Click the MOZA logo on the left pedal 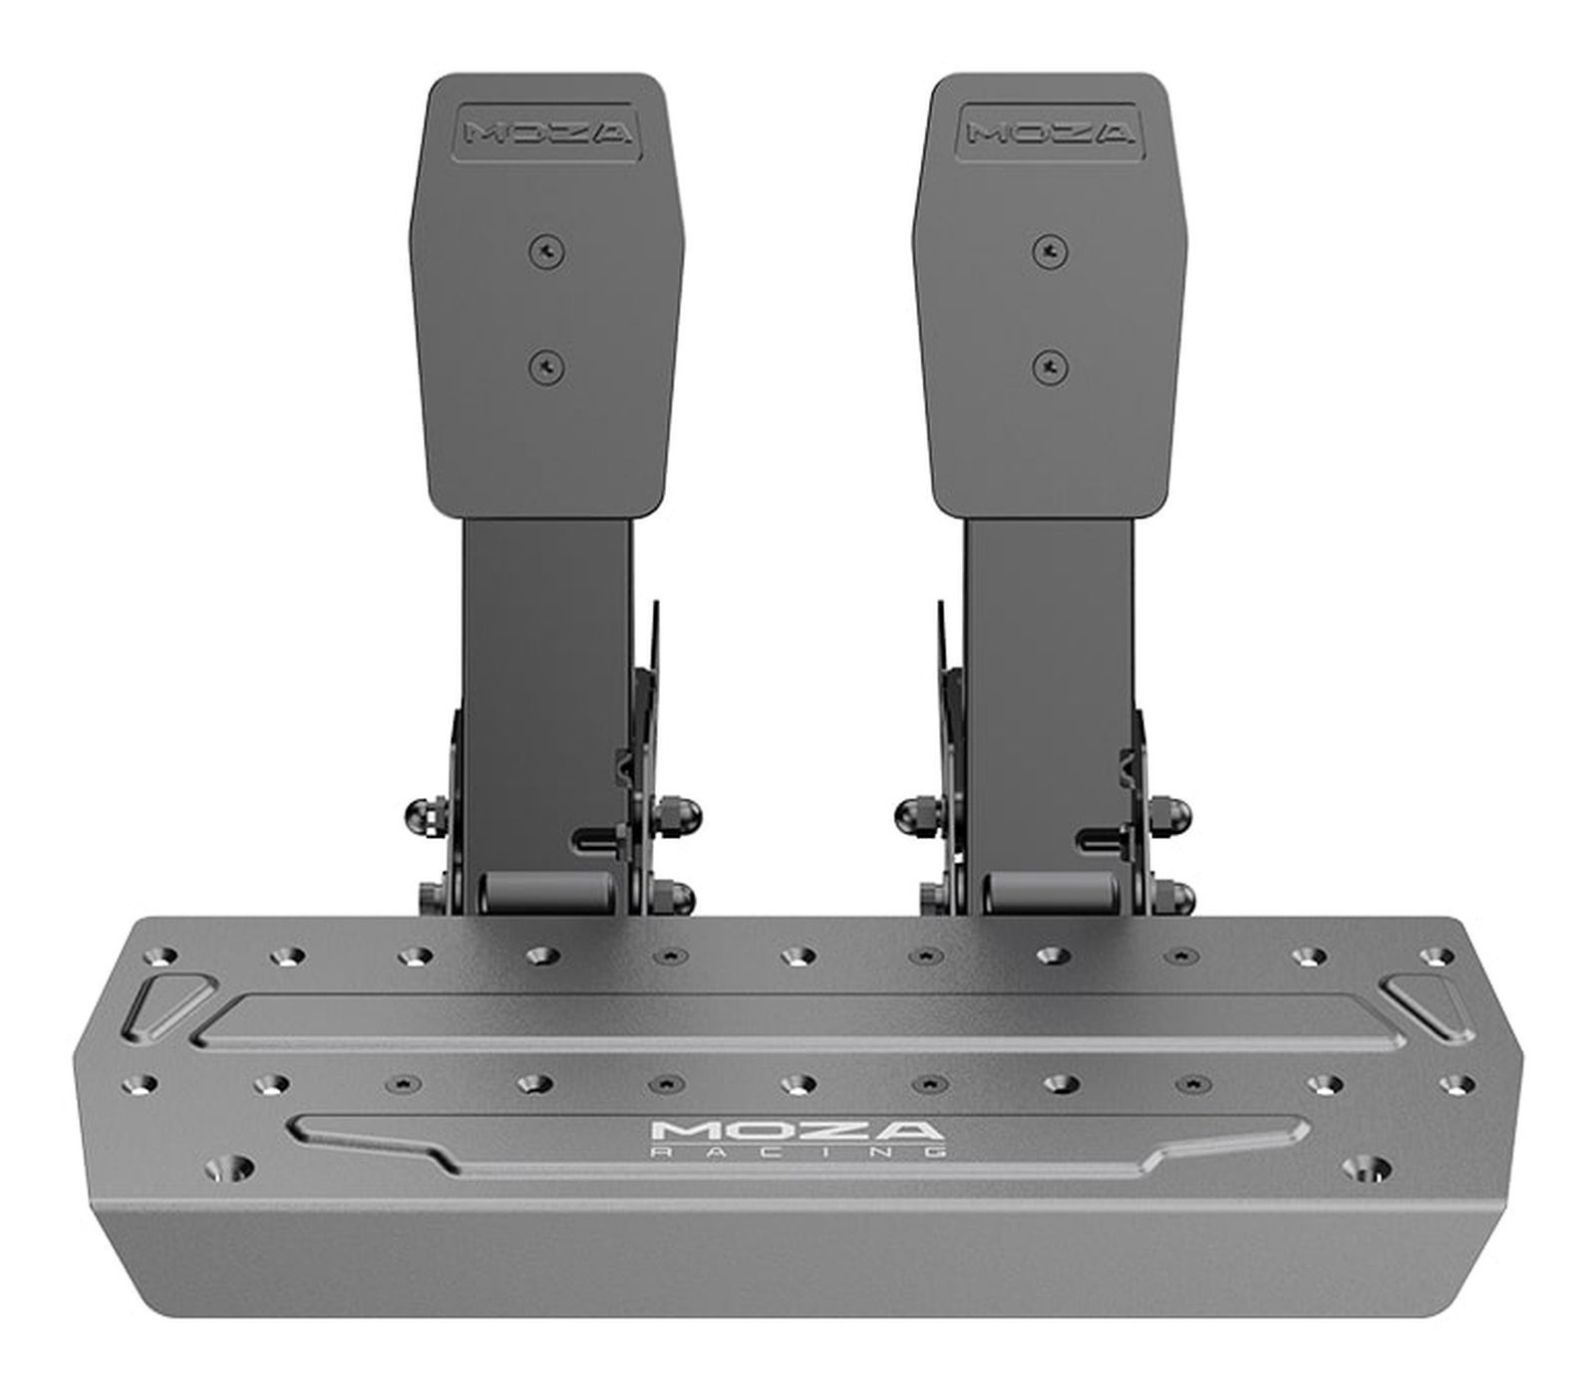tap(547, 133)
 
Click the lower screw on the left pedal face tap(547, 368)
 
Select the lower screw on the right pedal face tap(1047, 368)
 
